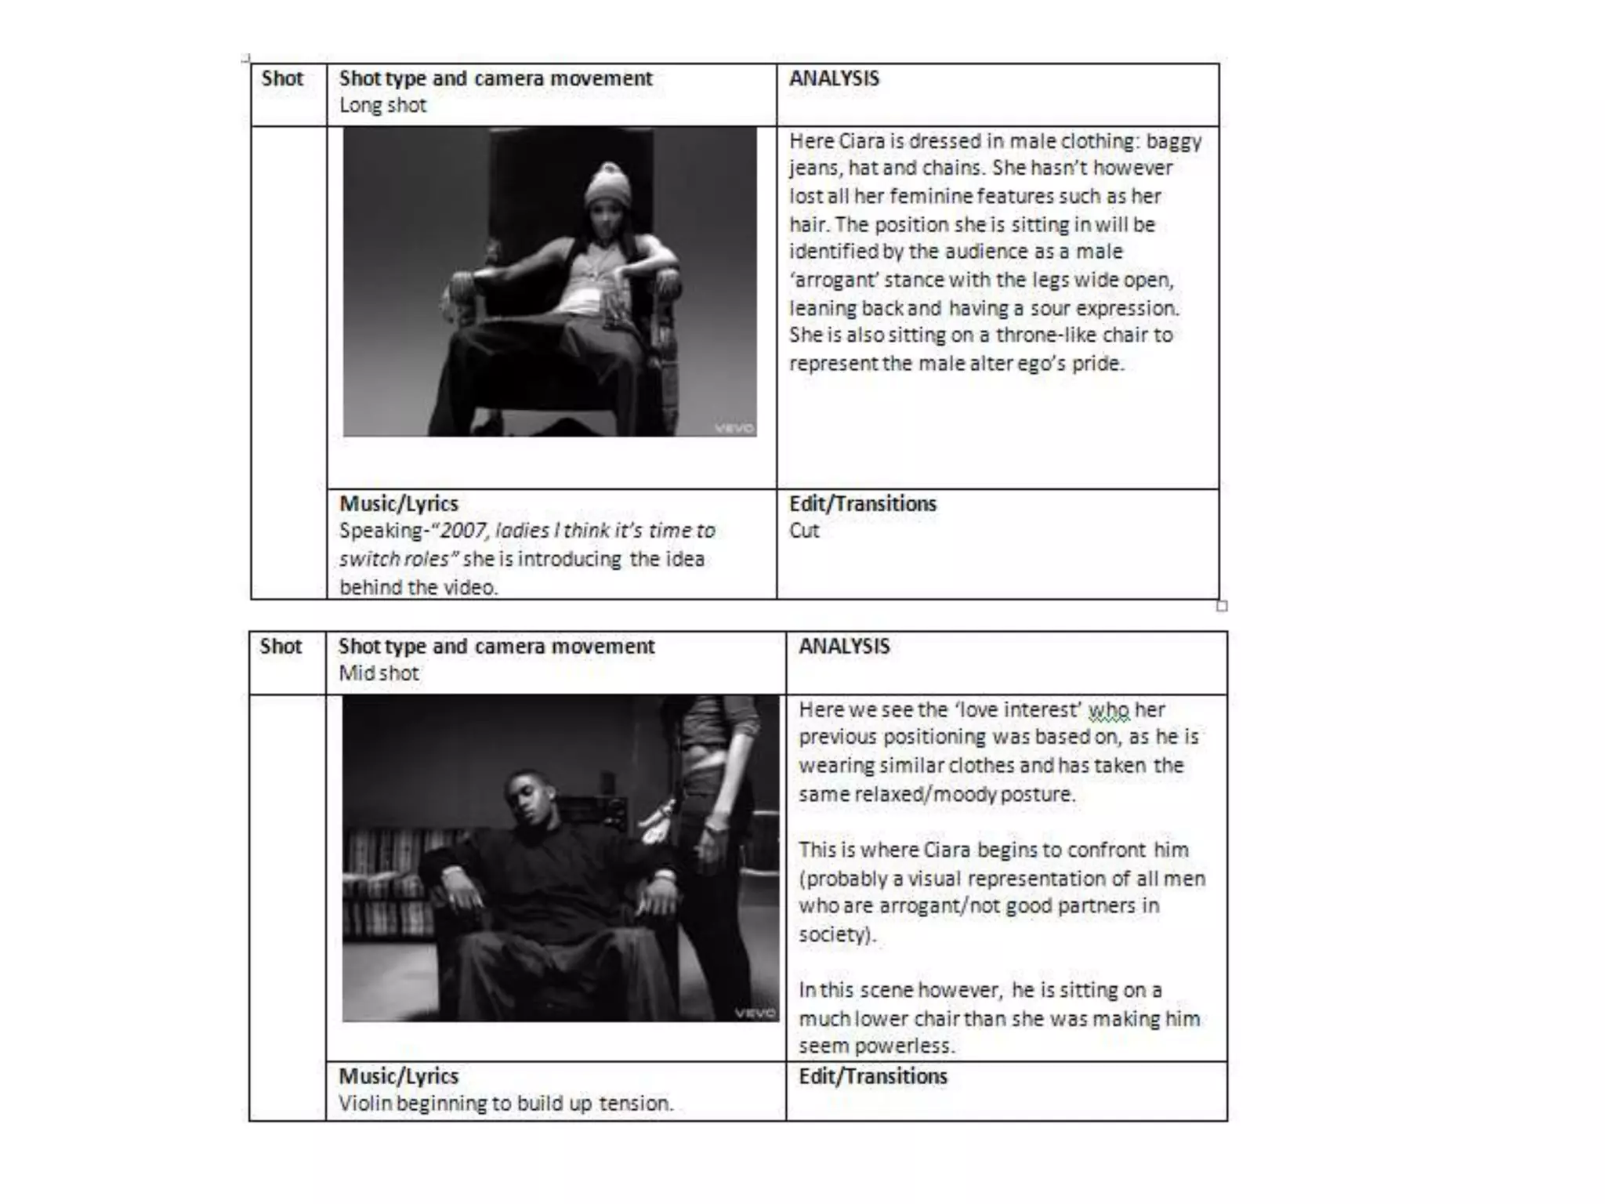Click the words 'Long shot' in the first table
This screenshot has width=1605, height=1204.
click(x=382, y=105)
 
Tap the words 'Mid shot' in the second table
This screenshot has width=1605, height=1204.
click(x=379, y=673)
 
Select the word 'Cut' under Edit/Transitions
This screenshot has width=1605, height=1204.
click(x=804, y=531)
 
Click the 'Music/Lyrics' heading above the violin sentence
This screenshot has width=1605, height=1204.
click(x=398, y=1076)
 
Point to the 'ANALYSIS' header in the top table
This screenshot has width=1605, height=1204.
click(x=834, y=78)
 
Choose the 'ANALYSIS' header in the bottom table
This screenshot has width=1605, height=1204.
click(x=844, y=646)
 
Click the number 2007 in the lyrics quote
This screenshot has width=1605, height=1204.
click(x=462, y=531)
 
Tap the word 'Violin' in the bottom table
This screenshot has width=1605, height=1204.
click(x=364, y=1104)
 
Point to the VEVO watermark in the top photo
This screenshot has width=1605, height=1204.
click(x=734, y=428)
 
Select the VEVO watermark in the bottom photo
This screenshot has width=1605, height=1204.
click(x=755, y=1012)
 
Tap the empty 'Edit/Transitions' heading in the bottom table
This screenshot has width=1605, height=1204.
click(x=873, y=1076)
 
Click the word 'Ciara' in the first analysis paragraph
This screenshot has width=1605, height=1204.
click(x=860, y=141)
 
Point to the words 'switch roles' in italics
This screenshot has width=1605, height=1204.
click(x=394, y=559)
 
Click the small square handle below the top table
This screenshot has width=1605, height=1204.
click(x=1222, y=606)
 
